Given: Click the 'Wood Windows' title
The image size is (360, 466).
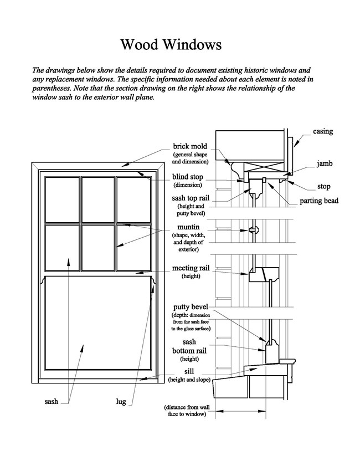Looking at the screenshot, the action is pos(171,44).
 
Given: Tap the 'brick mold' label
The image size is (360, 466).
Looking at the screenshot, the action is pos(190,146).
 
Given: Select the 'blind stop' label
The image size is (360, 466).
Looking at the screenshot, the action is pos(187,177).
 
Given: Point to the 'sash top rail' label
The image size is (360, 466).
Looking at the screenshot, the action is pos(191,198).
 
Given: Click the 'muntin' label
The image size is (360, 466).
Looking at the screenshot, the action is pos(189,227).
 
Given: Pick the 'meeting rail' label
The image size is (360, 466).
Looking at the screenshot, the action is pos(191,268).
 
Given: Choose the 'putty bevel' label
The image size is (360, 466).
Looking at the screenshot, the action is pos(191,307).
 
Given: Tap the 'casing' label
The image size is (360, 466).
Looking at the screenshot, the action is pos(323,131).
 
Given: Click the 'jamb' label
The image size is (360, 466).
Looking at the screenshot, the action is pos(325,163).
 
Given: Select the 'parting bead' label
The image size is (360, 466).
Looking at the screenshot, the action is pos(319,201).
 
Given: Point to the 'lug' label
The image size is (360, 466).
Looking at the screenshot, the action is pos(121,402).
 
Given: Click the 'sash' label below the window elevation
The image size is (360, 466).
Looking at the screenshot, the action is pos(52,402).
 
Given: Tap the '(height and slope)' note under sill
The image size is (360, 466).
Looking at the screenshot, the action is pos(189,380).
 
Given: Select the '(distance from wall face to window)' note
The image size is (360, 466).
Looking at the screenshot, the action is pos(187,411).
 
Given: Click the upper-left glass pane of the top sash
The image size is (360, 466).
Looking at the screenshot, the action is pos(63,199).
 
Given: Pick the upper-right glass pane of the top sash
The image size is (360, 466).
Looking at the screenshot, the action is pos(133,199).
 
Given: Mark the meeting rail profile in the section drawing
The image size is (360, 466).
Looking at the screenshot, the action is pos(264,274).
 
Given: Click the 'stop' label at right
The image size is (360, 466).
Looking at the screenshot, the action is pos(324,186).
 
